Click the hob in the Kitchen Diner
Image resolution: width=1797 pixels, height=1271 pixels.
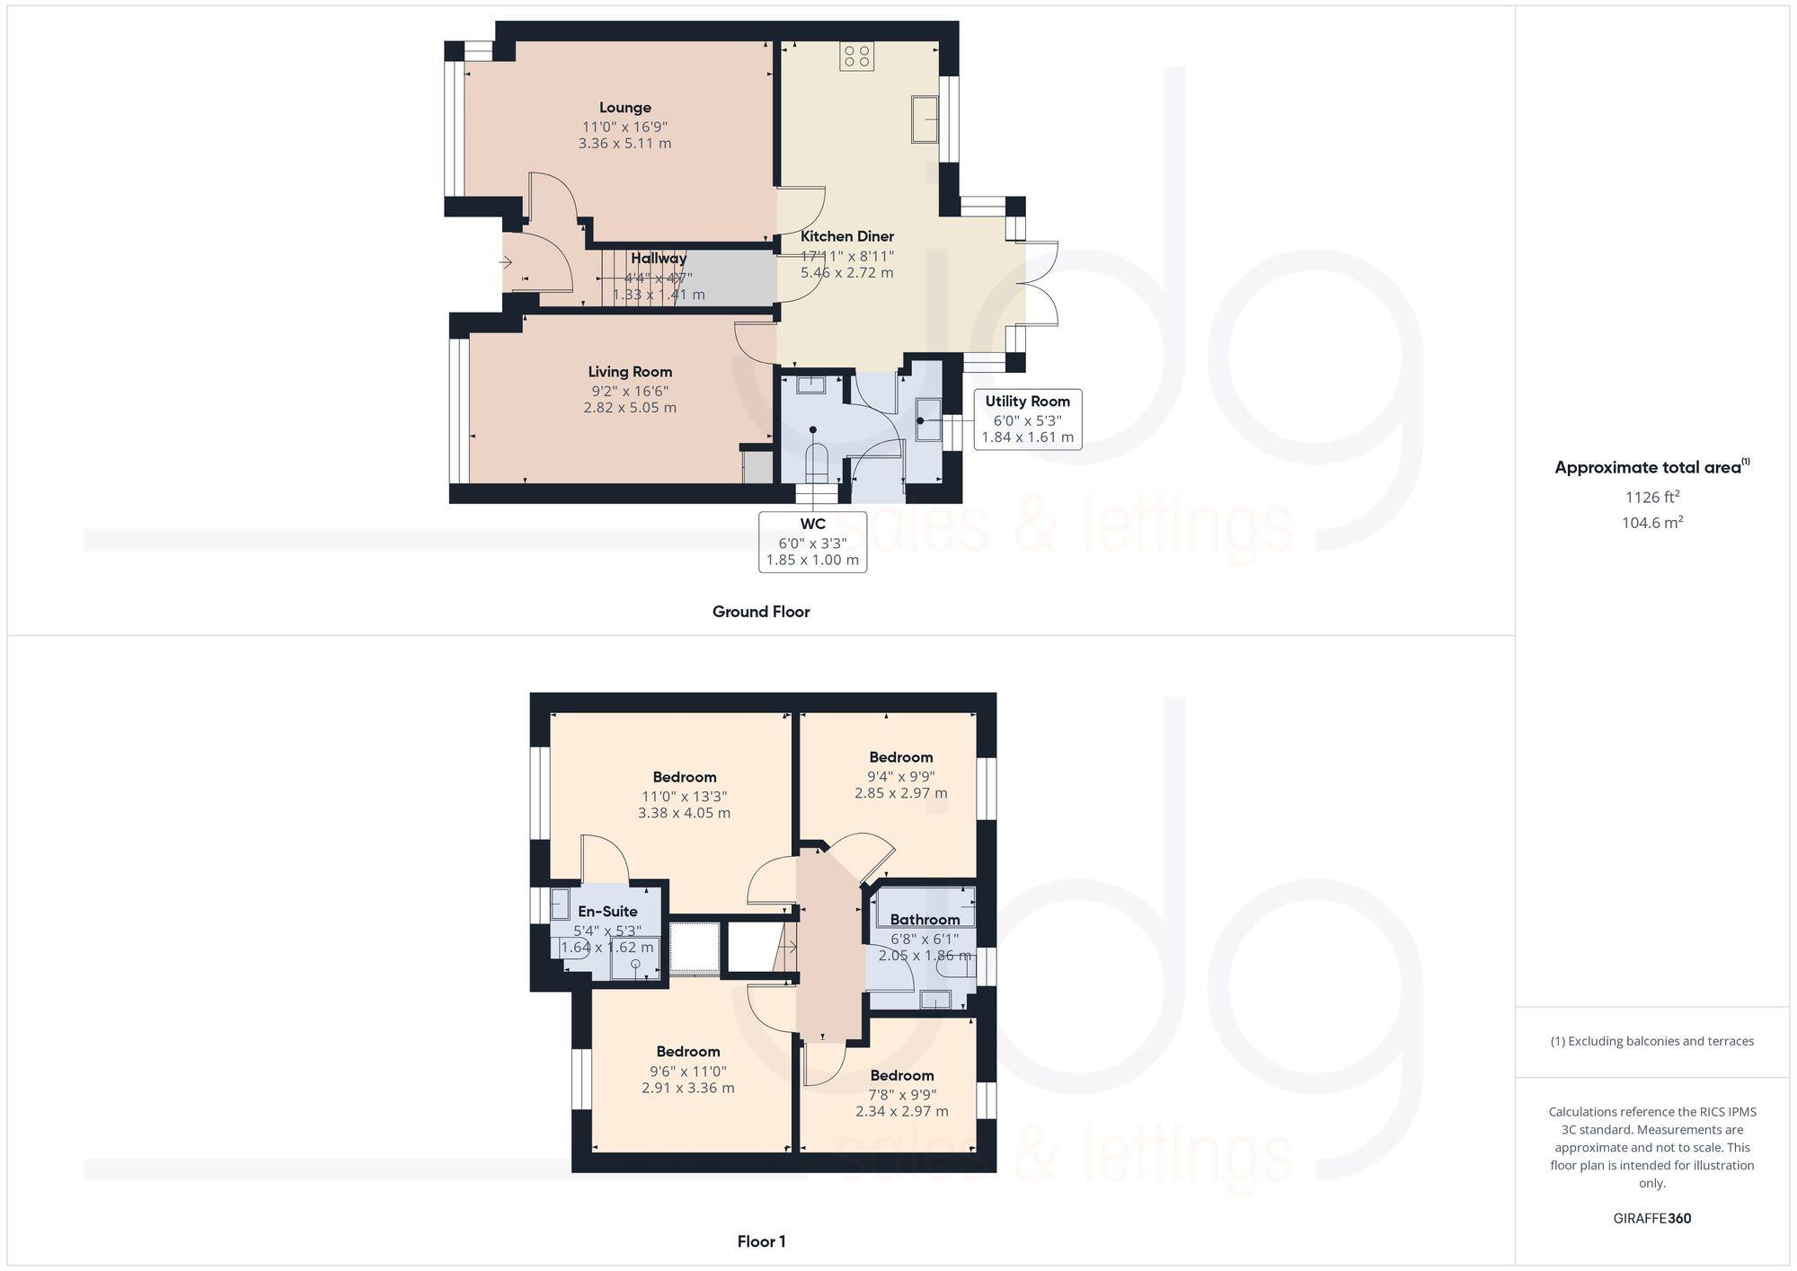pos(856,57)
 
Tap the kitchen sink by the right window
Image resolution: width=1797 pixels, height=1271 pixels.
pos(925,119)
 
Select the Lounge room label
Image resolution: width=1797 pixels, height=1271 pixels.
pos(625,108)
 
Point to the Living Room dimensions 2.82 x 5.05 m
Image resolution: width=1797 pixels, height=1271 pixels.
pos(630,408)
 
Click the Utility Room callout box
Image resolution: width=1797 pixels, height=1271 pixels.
pos(1027,419)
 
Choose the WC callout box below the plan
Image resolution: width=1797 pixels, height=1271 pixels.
pos(812,542)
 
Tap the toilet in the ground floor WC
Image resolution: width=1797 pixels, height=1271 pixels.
pos(816,463)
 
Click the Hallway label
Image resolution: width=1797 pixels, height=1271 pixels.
pos(658,259)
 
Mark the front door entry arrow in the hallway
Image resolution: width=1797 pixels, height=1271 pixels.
pos(506,262)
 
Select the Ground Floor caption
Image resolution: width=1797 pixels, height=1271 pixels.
pos(761,612)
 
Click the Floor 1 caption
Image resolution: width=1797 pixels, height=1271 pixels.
pos(761,1241)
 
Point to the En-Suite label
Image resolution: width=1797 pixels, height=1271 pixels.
pos(607,911)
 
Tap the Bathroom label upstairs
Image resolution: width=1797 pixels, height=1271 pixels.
pos(925,919)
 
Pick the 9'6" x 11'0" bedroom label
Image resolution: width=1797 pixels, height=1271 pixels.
pos(687,1051)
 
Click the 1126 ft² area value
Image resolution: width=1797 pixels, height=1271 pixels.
pos(1651,497)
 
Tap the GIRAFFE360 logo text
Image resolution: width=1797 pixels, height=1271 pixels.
pos(1651,1218)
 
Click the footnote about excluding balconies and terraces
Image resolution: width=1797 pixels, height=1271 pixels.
pos(1651,1041)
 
